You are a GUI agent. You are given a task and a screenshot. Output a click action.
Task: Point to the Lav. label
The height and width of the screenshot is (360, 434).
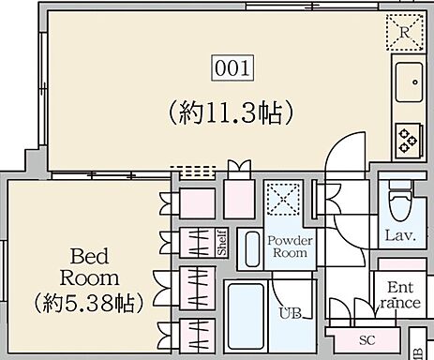395,235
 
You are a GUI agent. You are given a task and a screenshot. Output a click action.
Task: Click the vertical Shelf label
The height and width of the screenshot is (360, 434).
222,244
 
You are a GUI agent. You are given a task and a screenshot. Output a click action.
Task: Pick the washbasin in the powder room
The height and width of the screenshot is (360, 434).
250,247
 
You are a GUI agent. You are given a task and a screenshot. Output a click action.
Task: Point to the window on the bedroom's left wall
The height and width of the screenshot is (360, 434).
4,262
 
